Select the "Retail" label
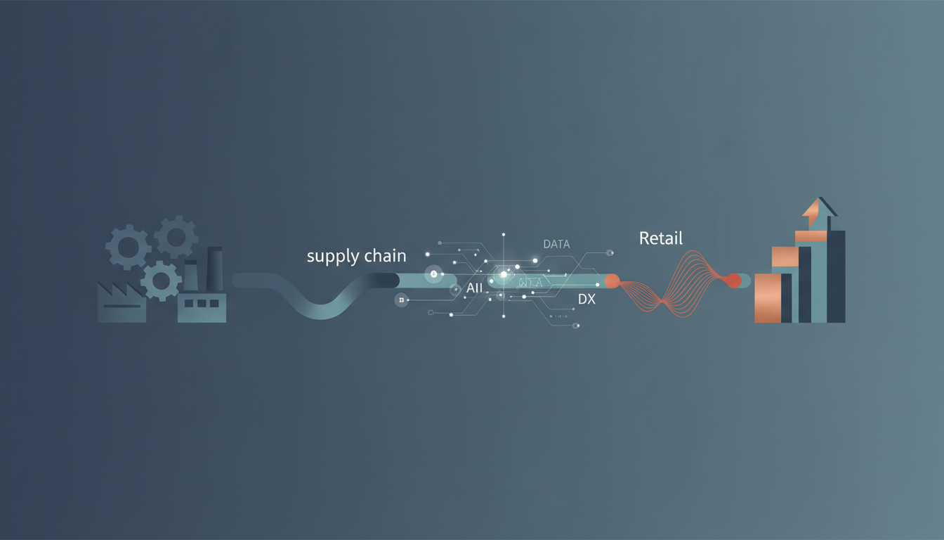pos(660,238)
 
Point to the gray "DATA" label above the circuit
pos(556,244)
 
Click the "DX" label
pos(586,299)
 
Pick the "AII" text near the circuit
pos(474,288)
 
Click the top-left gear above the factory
pos(128,247)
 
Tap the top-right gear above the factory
pos(176,237)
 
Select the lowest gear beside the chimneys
pos(161,281)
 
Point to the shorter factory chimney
pos(190,276)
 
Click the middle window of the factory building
pos(202,303)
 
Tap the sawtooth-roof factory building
pos(122,303)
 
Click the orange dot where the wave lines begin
pos(612,281)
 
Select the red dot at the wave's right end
pos(733,281)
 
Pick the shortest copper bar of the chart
pos(767,298)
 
